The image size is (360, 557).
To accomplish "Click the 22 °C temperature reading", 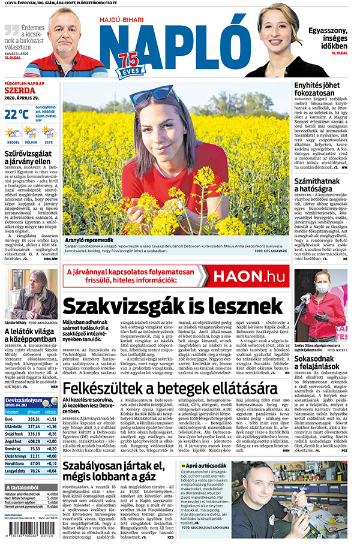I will [17, 113].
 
